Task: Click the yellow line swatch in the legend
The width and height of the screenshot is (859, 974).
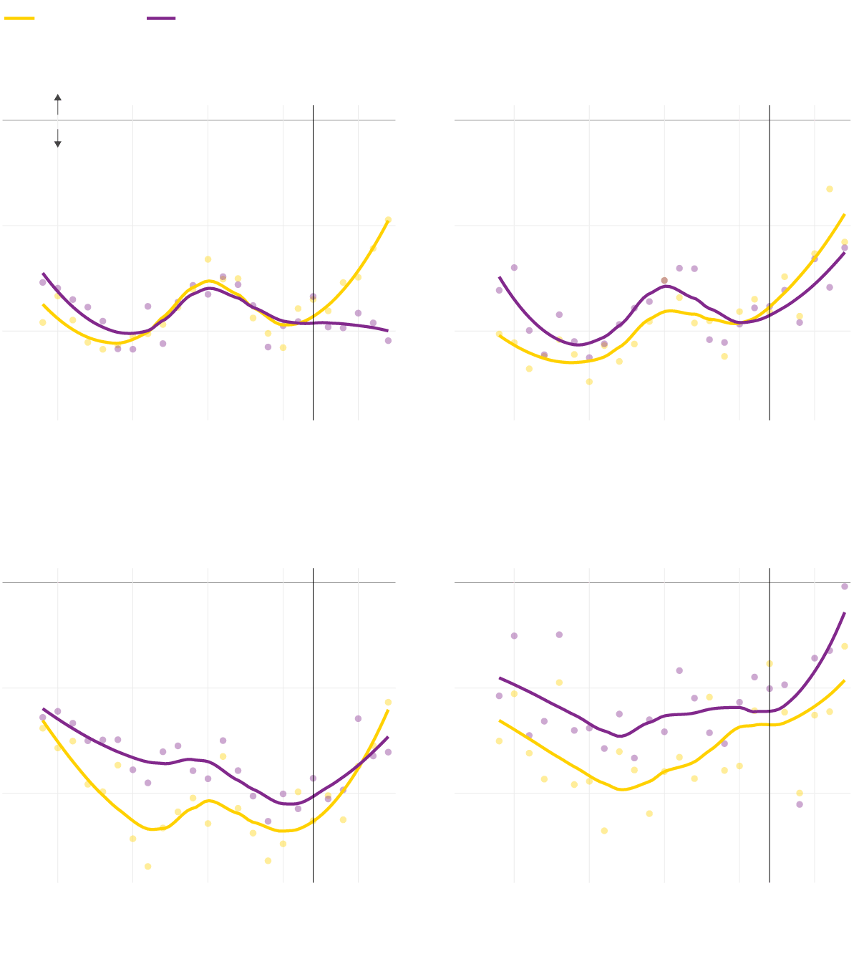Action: click(x=19, y=19)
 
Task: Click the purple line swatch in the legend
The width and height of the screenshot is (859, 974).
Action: click(x=161, y=19)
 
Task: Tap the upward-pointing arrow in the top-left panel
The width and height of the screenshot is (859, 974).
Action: click(x=58, y=97)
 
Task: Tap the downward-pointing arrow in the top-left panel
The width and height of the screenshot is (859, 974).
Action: click(x=58, y=144)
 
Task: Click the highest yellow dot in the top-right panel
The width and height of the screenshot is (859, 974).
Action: click(x=830, y=189)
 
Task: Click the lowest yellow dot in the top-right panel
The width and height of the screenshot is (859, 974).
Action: click(x=589, y=382)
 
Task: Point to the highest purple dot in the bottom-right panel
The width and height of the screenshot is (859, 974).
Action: click(x=845, y=587)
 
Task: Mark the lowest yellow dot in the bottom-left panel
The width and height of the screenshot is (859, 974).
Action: click(x=148, y=867)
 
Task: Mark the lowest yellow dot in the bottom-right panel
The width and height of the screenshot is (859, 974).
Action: click(x=604, y=831)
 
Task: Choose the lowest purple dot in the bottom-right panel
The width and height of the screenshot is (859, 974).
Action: click(x=800, y=804)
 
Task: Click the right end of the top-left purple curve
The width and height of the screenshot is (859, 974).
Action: click(x=388, y=331)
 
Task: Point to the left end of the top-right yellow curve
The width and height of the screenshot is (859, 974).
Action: click(x=500, y=335)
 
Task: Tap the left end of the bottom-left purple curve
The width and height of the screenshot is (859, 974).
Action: click(x=43, y=709)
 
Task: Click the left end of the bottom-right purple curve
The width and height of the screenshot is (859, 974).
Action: click(x=500, y=678)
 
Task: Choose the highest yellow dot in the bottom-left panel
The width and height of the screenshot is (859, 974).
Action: click(x=388, y=703)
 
